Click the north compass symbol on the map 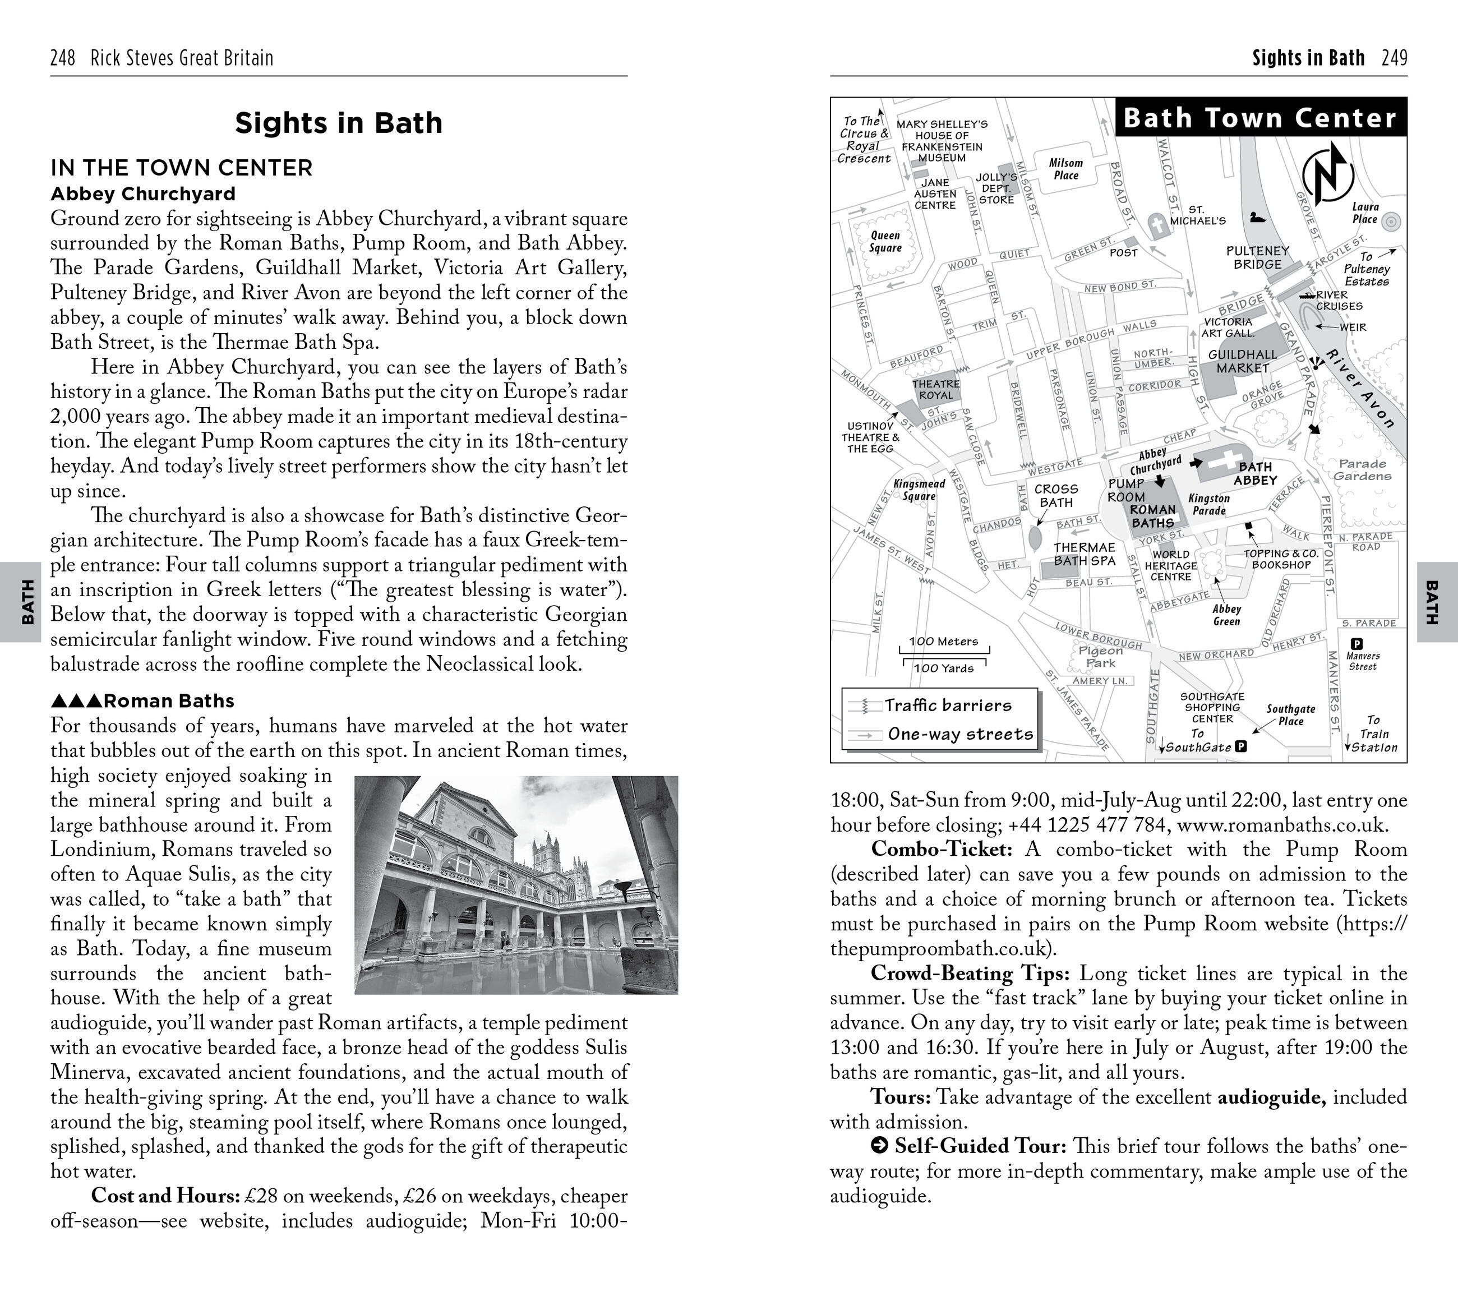coord(1327,173)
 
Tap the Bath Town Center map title coord(1259,118)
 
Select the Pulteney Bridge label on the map coord(1258,257)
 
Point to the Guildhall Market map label coord(1243,361)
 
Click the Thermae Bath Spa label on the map coord(1084,554)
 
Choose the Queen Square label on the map coord(885,241)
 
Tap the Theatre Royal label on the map coord(936,389)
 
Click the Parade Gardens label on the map coord(1363,469)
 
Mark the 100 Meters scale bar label coord(943,641)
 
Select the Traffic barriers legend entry coord(947,705)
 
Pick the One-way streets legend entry coord(959,734)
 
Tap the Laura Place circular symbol coord(1391,222)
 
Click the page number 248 coord(63,58)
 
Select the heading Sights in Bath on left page coord(339,123)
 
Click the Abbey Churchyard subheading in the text coord(142,194)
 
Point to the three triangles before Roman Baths coord(76,701)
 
